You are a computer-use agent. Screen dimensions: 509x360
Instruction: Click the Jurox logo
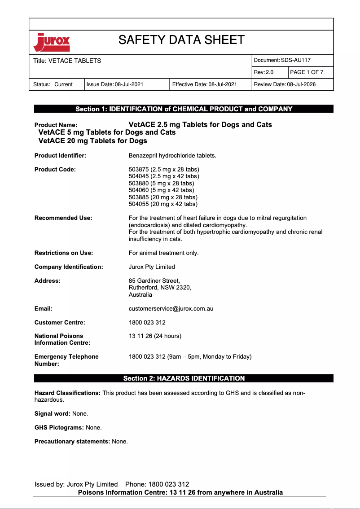(52, 43)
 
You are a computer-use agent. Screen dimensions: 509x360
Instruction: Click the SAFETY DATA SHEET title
(181, 40)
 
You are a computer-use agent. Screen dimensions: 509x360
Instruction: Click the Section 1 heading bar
(184, 109)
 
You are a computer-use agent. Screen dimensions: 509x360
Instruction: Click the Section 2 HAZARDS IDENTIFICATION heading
(184, 378)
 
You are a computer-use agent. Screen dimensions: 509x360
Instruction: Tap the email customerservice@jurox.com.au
(171, 309)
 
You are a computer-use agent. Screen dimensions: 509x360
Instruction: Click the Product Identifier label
(60, 156)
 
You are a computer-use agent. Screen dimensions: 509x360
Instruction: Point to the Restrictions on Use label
(64, 253)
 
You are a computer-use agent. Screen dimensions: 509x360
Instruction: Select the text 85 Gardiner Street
(154, 281)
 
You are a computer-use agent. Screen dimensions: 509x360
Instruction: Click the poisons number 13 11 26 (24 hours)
(155, 336)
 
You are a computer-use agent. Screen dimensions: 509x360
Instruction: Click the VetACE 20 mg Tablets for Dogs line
(93, 141)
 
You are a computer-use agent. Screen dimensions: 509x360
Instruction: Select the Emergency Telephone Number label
(66, 360)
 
